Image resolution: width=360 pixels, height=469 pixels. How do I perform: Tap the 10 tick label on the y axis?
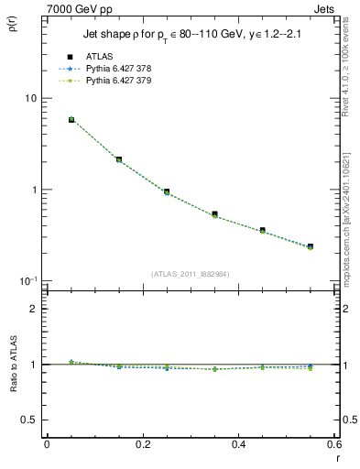coord(30,98)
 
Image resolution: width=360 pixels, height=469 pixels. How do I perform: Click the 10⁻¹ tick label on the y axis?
coord(29,280)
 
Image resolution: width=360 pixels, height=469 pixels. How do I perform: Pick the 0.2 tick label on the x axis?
coord(142,444)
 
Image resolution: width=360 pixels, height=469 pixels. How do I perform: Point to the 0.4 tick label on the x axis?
coord(238,444)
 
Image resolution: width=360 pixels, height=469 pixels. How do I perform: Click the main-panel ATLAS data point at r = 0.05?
coord(71,119)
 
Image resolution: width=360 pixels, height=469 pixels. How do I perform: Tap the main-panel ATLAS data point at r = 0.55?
coord(311,246)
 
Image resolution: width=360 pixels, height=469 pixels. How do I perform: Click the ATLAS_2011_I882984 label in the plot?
coord(191,273)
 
